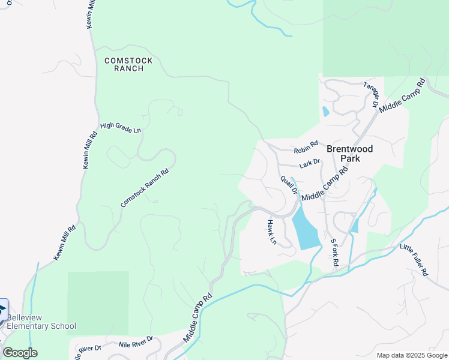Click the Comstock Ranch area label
click(x=128, y=64)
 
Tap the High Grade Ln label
click(x=120, y=127)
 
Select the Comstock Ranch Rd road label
click(x=145, y=188)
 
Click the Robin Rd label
click(x=305, y=150)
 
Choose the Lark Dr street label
click(x=310, y=163)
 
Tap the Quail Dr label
click(x=289, y=185)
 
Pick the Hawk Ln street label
click(x=271, y=232)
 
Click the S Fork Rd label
click(x=334, y=252)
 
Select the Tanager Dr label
click(x=371, y=93)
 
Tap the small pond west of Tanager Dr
click(x=325, y=111)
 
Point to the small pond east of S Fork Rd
click(x=355, y=225)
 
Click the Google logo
click(x=20, y=352)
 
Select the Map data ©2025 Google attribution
click(x=412, y=355)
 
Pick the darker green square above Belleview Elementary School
click(x=98, y=302)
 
